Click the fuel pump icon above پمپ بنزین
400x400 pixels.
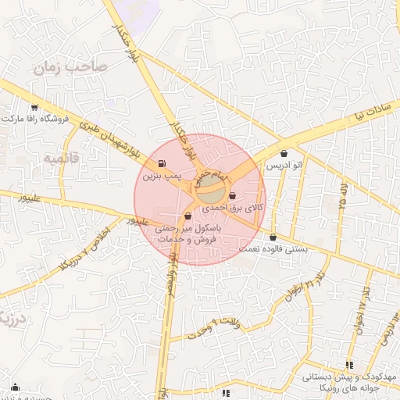click(x=162, y=164)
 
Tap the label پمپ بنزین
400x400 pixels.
click(x=166, y=177)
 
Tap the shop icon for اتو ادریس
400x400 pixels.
click(x=283, y=153)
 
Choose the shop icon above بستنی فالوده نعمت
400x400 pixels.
click(x=273, y=237)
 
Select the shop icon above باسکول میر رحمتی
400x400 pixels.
click(x=187, y=216)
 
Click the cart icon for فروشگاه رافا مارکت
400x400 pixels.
click(x=34, y=107)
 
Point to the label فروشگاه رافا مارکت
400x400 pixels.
click(x=36, y=120)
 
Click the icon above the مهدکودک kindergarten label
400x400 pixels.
click(x=349, y=364)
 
